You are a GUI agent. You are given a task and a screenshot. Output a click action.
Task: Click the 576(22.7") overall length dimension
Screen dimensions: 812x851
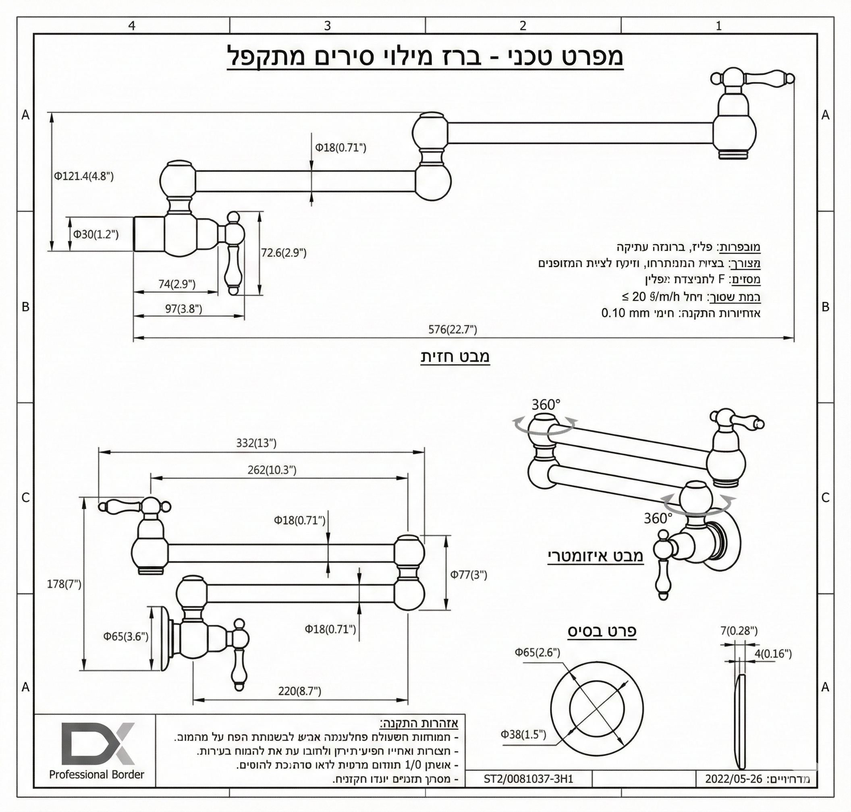452,329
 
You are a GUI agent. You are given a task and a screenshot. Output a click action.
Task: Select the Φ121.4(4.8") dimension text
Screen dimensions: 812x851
83,176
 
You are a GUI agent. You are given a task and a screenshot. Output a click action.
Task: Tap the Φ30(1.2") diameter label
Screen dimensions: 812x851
96,234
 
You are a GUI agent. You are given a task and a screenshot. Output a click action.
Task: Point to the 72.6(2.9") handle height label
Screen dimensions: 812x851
284,253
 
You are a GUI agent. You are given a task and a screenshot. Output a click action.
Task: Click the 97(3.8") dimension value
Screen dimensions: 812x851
184,309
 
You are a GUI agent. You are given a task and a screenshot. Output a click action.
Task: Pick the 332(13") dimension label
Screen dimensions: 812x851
256,443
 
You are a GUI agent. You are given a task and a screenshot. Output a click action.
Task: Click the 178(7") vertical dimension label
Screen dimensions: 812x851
64,584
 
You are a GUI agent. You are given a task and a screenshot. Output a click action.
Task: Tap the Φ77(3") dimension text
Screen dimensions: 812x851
469,574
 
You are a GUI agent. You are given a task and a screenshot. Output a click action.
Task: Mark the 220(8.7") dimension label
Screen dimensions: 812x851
300,691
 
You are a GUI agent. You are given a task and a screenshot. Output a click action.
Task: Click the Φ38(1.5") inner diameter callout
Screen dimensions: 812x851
523,734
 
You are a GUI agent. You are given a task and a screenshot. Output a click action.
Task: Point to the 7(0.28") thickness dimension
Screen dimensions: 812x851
739,631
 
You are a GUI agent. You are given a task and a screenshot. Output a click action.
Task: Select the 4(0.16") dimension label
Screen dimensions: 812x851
773,654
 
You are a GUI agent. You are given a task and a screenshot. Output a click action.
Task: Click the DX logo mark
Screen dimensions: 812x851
98,743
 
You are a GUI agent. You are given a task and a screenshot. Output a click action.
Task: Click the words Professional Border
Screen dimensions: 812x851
97,774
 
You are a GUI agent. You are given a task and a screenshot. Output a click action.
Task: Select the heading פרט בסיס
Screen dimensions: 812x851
602,631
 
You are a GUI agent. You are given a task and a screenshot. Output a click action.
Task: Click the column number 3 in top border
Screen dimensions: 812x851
328,25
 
